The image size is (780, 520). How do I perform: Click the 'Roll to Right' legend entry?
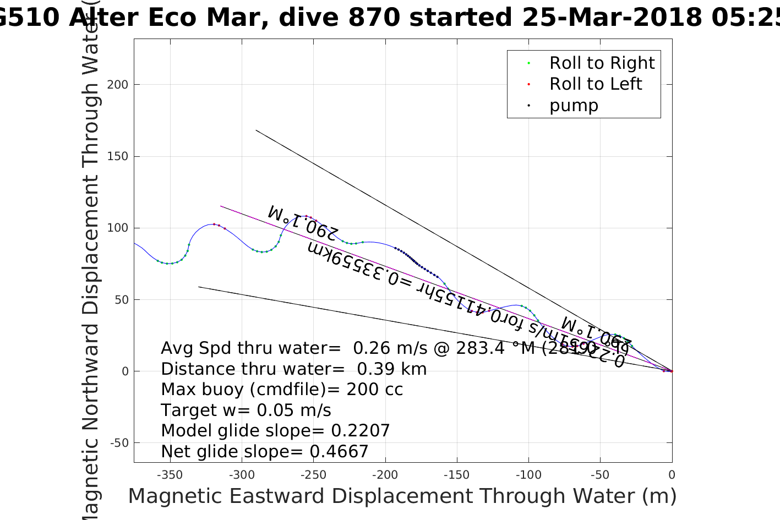[x=602, y=63]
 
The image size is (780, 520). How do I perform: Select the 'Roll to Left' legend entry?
[x=596, y=84]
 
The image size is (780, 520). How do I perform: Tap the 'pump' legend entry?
[x=574, y=106]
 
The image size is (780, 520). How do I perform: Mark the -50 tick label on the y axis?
[x=119, y=443]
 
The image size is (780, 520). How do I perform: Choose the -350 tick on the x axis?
[x=170, y=475]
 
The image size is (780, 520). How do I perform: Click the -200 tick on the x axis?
[x=385, y=475]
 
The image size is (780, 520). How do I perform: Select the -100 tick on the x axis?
[x=528, y=475]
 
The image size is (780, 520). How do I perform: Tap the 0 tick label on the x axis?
[x=672, y=475]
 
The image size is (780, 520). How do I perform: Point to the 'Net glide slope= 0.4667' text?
[x=264, y=452]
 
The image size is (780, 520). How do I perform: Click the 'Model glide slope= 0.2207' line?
[x=275, y=431]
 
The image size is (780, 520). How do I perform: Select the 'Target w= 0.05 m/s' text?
[x=246, y=410]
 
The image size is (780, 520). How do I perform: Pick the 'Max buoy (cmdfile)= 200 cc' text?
[x=282, y=390]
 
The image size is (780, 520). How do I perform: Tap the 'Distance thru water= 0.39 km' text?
[x=293, y=369]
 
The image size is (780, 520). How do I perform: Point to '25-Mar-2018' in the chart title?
[x=612, y=18]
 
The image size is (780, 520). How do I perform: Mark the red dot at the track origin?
[x=672, y=371]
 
